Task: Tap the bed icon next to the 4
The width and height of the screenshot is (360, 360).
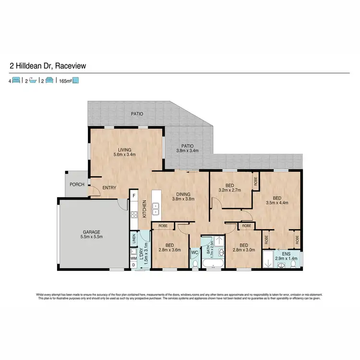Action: (16, 81)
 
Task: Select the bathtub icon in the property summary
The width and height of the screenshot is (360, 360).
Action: (33, 81)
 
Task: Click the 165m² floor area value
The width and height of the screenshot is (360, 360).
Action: (65, 81)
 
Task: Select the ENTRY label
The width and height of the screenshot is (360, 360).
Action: (110, 188)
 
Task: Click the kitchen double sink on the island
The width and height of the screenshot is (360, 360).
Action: (156, 209)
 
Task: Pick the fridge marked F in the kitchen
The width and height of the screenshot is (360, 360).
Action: (134, 196)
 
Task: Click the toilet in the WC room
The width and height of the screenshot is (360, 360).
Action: (195, 263)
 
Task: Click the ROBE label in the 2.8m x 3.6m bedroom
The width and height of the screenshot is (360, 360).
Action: (163, 225)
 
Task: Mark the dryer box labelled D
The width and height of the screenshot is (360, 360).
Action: (133, 264)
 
